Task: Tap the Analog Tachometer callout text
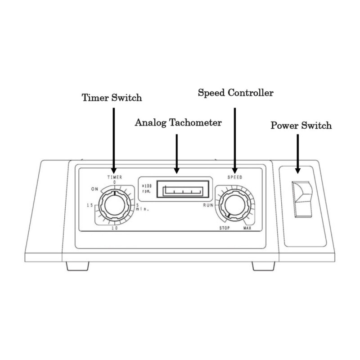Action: pos(178,123)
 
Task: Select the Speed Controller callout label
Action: pos(236,93)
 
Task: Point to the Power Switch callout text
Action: pos(301,125)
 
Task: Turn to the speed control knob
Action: pos(233,206)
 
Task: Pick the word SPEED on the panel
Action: pos(234,177)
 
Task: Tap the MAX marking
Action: pos(247,228)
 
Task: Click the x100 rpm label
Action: pos(146,188)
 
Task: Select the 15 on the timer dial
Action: pos(90,206)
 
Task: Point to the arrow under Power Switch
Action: pos(297,156)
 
